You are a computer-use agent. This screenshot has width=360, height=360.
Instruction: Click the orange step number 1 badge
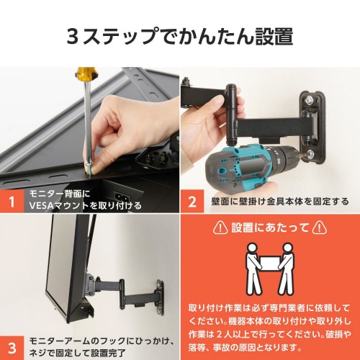(13, 202)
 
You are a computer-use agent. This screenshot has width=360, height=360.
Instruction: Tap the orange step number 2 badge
(192, 202)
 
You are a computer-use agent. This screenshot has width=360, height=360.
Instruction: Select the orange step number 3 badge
(13, 344)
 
